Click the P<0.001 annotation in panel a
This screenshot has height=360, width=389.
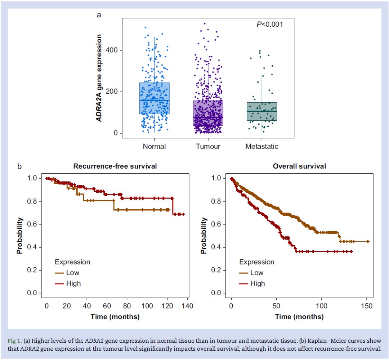coord(269,25)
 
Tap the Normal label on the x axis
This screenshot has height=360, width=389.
coord(154,146)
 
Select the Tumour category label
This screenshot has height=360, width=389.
coord(208,146)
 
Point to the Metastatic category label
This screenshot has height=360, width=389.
coord(262,146)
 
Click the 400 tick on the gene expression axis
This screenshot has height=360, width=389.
coord(115,50)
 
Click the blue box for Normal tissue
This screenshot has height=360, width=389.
coord(154,98)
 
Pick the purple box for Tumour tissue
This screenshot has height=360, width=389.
coord(208,113)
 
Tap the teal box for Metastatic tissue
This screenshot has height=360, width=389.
coord(262,111)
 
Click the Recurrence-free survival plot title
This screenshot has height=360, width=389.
coord(115,166)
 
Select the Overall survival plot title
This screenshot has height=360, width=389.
coord(299,166)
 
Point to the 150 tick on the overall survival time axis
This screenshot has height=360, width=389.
coord(367,306)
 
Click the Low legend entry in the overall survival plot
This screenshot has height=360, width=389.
coord(256,273)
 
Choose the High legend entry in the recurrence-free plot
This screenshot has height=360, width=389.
coord(73,283)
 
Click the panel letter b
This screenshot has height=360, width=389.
coord(20,166)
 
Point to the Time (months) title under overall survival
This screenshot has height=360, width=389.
coord(299,317)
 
